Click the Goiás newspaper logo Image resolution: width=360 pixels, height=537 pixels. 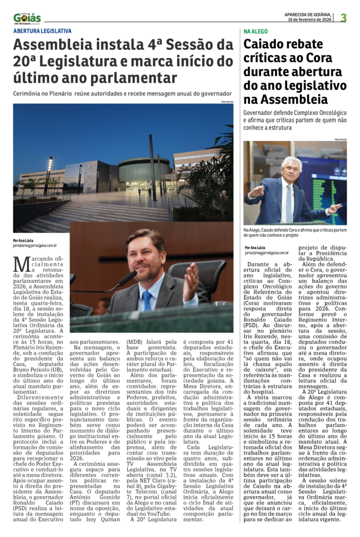27,18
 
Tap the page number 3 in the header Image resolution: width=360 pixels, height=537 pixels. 344,18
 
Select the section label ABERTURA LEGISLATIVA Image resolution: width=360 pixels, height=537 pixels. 42,31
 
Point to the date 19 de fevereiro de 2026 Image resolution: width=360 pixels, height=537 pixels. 310,20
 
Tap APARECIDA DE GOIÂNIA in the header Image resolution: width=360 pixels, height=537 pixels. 308,15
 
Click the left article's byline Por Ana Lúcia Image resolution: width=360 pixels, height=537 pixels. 23,241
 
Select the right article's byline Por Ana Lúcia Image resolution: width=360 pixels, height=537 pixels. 255,247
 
